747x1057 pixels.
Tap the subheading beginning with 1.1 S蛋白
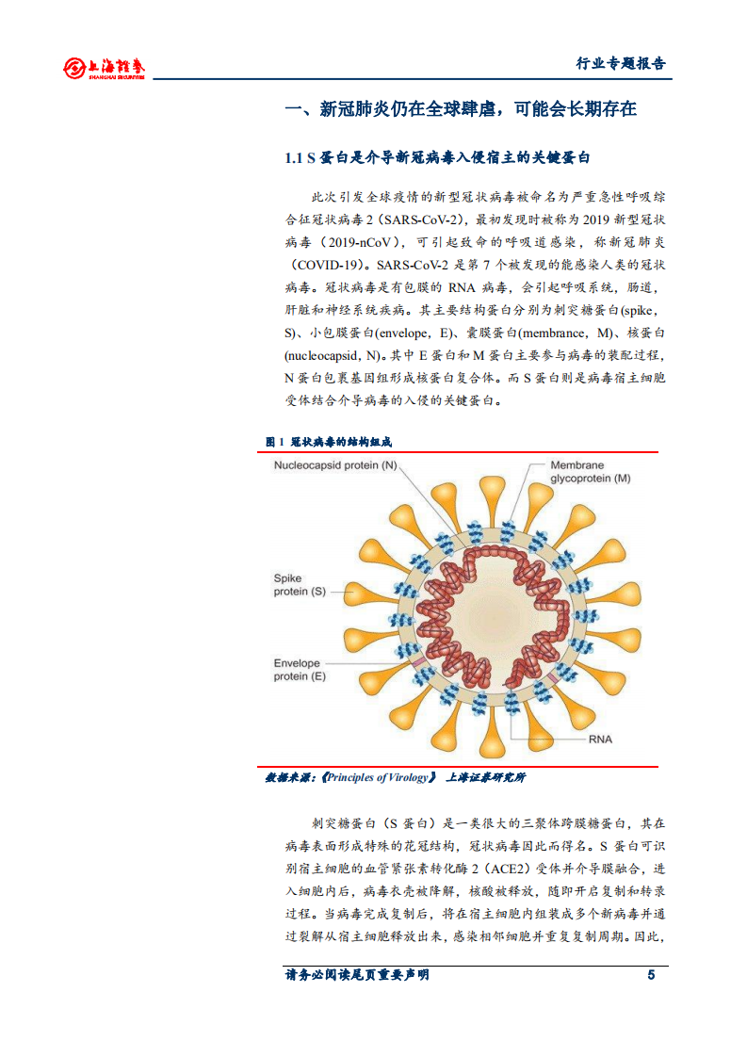[x=443, y=157]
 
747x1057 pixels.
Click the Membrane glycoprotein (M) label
[x=590, y=472]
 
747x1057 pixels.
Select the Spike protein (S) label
[x=300, y=584]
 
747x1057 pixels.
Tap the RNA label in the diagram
[x=599, y=739]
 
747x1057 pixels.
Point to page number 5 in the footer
[x=650, y=975]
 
